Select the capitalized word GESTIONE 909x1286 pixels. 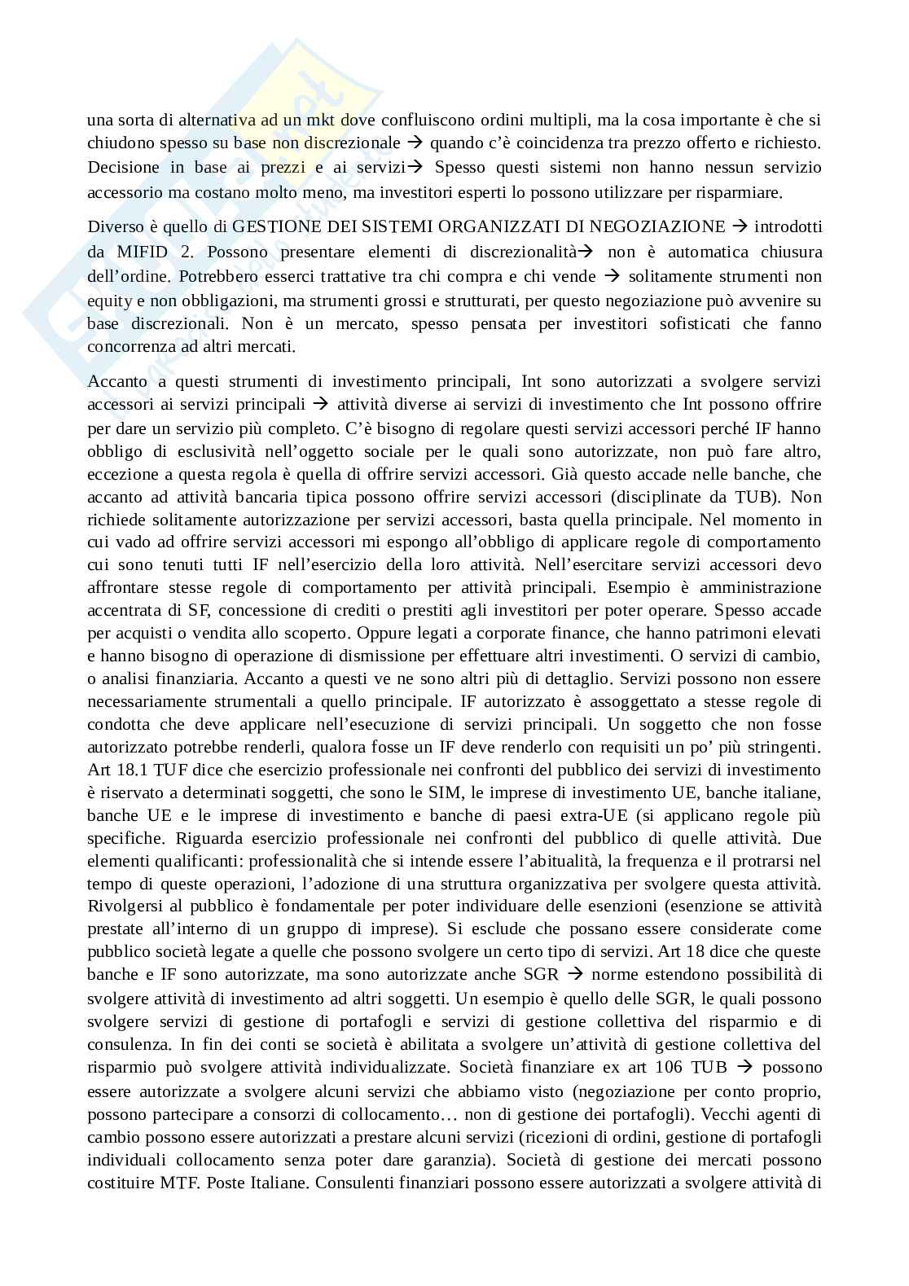276,226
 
